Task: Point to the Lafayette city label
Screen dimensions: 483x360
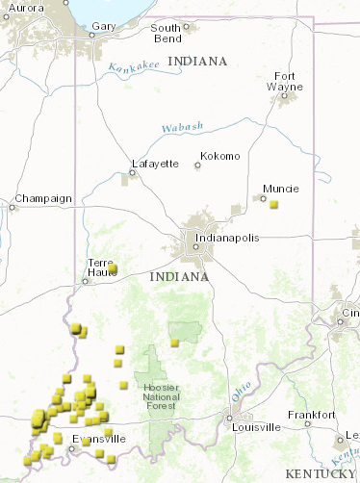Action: [x=155, y=164]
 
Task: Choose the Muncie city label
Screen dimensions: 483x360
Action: [x=280, y=189]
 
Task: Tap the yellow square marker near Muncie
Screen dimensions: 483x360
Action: [x=273, y=204]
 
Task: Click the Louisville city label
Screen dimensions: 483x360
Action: [x=256, y=426]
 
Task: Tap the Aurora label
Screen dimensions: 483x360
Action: [x=26, y=8]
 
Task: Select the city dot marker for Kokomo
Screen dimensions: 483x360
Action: [x=197, y=165]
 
